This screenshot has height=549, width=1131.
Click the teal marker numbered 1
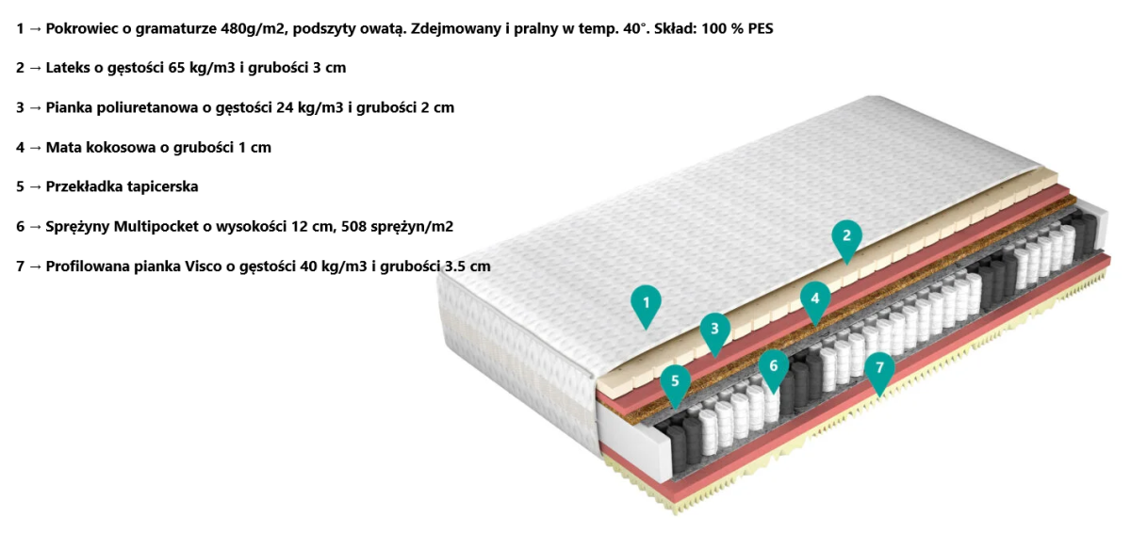pyautogui.click(x=646, y=303)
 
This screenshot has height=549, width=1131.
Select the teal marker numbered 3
pyautogui.click(x=714, y=330)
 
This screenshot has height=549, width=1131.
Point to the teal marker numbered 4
pyautogui.click(x=815, y=299)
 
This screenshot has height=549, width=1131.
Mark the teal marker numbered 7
pyautogui.click(x=879, y=368)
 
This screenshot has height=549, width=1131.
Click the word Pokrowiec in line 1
pyautogui.click(x=82, y=28)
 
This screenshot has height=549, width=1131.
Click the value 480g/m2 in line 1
pyautogui.click(x=255, y=28)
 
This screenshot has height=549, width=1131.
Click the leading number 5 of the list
pyautogui.click(x=20, y=186)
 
